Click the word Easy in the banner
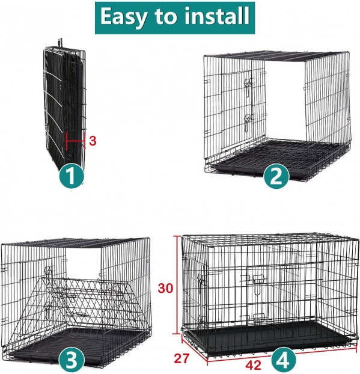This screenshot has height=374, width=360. (x=123, y=17)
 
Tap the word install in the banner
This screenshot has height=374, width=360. (x=217, y=16)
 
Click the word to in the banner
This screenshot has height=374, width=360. (x=166, y=17)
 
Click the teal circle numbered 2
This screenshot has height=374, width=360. (x=276, y=177)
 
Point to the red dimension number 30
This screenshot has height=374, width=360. (x=165, y=289)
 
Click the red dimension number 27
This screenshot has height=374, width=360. (x=182, y=358)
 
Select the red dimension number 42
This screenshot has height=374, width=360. (x=253, y=365)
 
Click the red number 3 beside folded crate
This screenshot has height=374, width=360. (x=93, y=141)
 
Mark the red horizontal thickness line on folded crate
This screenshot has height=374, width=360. (x=76, y=141)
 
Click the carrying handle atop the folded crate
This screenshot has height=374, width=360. (x=60, y=43)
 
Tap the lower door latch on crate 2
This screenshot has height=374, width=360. (x=248, y=123)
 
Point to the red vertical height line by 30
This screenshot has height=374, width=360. (x=177, y=285)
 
